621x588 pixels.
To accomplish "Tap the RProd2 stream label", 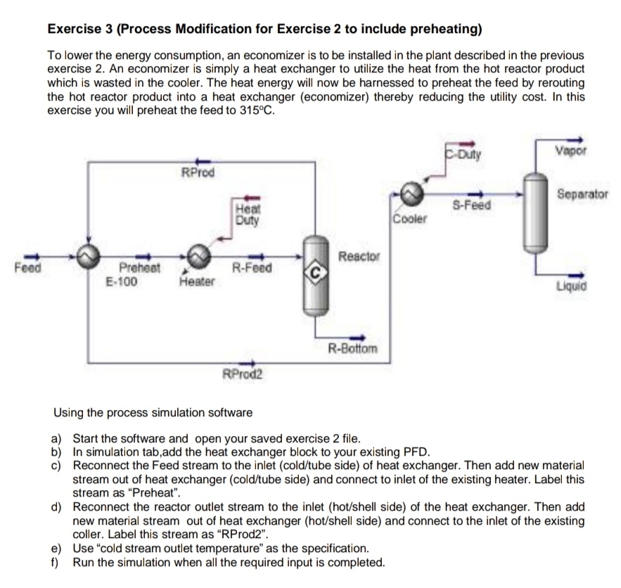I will pos(242,373).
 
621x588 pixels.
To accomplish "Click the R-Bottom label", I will pos(353,348).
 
